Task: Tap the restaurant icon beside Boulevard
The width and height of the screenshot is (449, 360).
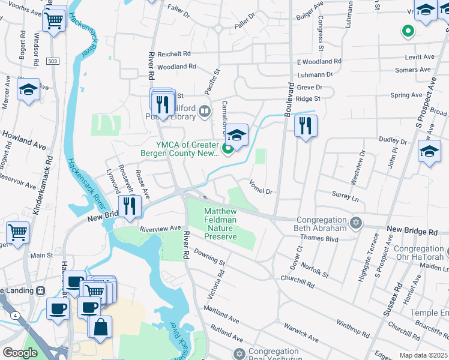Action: click(x=306, y=125)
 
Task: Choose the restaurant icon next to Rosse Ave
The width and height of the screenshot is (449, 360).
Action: click(x=130, y=206)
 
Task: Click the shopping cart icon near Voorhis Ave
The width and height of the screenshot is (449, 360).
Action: click(x=54, y=20)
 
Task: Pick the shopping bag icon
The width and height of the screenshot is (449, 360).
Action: click(x=100, y=326)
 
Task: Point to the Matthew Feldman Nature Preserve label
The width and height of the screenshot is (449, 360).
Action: click(x=220, y=224)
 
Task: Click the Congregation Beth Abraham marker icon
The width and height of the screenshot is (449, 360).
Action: click(x=356, y=223)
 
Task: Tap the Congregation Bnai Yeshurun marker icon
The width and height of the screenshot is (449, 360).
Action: click(x=240, y=353)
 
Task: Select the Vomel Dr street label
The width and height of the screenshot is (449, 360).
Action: click(x=261, y=187)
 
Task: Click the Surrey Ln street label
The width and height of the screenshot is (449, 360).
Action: click(x=345, y=197)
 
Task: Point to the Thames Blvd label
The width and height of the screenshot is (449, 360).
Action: click(x=324, y=238)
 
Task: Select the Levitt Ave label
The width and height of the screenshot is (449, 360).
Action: click(x=420, y=57)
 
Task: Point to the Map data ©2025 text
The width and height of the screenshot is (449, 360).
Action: click(x=423, y=355)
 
